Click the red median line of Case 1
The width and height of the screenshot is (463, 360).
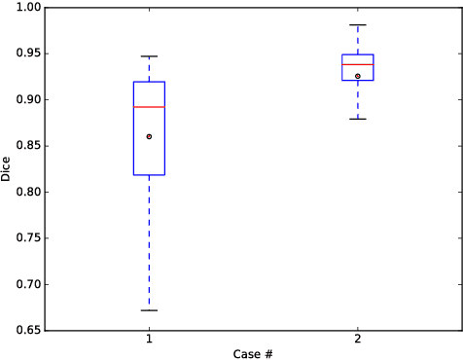click(149, 107)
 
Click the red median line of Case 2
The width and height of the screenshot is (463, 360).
click(358, 64)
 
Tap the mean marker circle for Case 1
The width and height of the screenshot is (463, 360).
click(149, 136)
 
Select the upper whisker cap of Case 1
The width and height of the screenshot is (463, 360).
click(149, 56)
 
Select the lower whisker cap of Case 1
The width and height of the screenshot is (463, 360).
click(149, 310)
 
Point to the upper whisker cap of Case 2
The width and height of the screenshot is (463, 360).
click(358, 25)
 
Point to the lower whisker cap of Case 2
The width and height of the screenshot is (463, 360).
click(358, 119)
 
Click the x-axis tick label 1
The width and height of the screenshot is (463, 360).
click(149, 341)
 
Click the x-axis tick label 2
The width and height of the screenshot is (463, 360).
click(358, 341)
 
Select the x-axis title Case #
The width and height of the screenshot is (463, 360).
click(253, 353)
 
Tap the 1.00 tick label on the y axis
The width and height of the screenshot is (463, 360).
click(28, 8)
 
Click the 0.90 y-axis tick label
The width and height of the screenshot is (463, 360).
click(28, 99)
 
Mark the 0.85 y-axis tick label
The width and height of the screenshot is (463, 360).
click(28, 146)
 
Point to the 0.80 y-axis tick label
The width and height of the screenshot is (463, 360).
click(28, 192)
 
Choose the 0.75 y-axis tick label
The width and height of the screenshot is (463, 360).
click(28, 238)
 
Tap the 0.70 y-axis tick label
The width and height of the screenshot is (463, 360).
click(28, 284)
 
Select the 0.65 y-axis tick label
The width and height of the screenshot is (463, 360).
click(28, 331)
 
